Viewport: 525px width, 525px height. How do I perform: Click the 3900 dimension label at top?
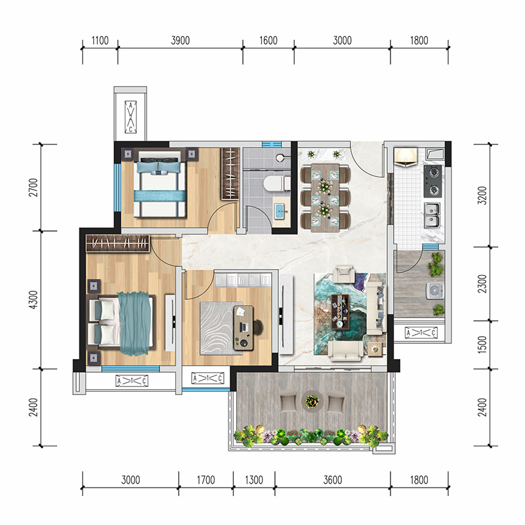pyautogui.click(x=180, y=41)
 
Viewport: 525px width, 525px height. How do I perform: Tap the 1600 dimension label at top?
pyautogui.click(x=268, y=41)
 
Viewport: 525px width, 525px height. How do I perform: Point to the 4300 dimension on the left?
pyautogui.click(x=33, y=300)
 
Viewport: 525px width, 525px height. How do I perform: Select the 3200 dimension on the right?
pyautogui.click(x=482, y=195)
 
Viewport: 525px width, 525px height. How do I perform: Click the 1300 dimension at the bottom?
pyautogui.click(x=254, y=480)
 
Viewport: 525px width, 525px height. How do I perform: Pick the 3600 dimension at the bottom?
pyautogui.click(x=333, y=480)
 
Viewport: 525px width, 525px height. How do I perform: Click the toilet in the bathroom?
pyautogui.click(x=276, y=184)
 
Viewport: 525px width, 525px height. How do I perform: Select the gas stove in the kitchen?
pyautogui.click(x=432, y=181)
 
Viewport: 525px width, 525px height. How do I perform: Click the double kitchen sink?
pyautogui.click(x=432, y=216)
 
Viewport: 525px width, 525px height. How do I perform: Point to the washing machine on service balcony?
pyautogui.click(x=435, y=291)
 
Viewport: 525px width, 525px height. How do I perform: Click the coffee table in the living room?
pyautogui.click(x=340, y=311)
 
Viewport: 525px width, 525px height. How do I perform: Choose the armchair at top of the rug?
pyautogui.click(x=344, y=274)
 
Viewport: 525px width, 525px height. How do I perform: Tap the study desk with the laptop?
pyautogui.click(x=243, y=327)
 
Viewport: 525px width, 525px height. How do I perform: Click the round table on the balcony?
pyautogui.click(x=312, y=400)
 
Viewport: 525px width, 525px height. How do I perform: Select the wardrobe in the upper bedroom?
pyautogui.click(x=230, y=174)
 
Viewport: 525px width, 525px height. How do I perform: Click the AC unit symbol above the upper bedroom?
pyautogui.click(x=131, y=117)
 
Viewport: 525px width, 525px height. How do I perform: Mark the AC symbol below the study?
pyautogui.click(x=207, y=379)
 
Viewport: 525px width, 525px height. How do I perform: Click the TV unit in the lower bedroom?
pyautogui.click(x=171, y=323)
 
